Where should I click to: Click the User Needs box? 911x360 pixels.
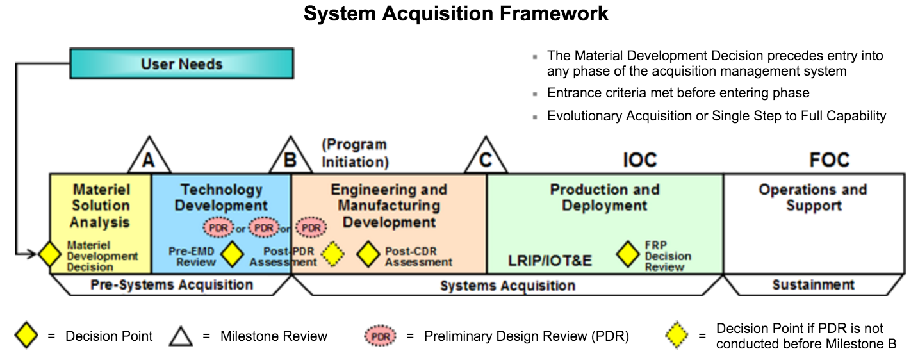point(181,64)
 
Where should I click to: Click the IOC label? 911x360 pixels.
point(640,160)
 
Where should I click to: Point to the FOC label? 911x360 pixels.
point(829,160)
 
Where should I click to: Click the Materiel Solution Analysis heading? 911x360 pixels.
point(101,206)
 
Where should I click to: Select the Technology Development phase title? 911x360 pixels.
point(221,198)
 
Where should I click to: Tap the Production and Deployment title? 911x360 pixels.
point(605,198)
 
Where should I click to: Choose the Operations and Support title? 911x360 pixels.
point(813,198)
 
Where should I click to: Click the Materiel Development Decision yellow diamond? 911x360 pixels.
point(50,255)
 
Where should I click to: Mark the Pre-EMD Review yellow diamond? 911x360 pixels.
point(231,255)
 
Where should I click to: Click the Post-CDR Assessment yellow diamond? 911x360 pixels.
point(368,255)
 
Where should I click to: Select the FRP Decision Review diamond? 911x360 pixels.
point(628,255)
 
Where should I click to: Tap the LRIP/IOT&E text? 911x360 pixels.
point(550,261)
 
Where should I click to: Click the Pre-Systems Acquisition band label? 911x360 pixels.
point(172,284)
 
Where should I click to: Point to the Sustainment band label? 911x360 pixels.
point(813,284)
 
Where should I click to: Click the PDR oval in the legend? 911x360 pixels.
point(380,336)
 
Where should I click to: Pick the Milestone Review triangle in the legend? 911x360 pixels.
point(181,336)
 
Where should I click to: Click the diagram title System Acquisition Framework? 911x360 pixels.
point(455,14)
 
